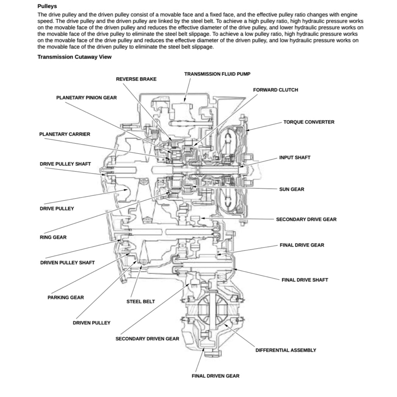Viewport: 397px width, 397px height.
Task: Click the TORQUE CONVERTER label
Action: [x=309, y=122]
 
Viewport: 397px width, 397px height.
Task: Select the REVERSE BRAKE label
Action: [x=136, y=79]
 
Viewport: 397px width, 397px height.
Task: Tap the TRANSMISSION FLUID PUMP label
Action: [x=220, y=74]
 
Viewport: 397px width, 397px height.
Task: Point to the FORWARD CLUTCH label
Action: [x=275, y=90]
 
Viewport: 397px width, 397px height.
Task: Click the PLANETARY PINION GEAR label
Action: [x=86, y=98]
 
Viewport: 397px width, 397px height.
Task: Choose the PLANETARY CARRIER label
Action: [x=64, y=134]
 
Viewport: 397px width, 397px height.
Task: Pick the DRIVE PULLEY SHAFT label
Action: [x=65, y=164]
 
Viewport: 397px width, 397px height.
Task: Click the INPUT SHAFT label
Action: [x=295, y=158]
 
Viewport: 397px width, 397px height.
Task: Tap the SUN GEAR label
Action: [x=292, y=190]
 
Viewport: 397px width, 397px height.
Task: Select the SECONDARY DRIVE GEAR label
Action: [x=306, y=219]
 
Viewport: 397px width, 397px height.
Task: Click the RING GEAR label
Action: [x=53, y=237]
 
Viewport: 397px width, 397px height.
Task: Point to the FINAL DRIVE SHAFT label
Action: [x=305, y=280]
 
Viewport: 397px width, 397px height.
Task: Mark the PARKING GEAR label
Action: [x=66, y=298]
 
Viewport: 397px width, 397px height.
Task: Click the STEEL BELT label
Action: [x=140, y=302]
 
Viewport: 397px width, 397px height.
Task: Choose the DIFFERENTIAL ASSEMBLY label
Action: [x=285, y=350]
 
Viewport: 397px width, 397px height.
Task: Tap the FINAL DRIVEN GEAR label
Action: [x=216, y=376]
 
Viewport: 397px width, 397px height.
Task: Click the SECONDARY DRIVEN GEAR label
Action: [x=147, y=339]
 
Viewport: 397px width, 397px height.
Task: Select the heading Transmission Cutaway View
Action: [x=74, y=57]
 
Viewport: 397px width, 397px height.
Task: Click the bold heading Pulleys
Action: [x=47, y=6]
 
